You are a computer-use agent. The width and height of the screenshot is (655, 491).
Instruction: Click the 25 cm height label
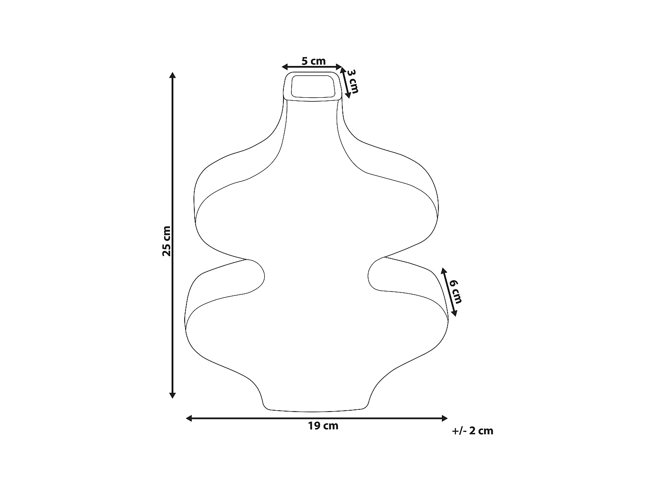[x=166, y=241]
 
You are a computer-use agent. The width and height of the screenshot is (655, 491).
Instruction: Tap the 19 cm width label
[x=323, y=426]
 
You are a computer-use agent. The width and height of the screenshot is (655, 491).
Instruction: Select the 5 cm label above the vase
[x=314, y=61]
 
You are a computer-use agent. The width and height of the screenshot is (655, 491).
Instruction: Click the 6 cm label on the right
[x=456, y=291]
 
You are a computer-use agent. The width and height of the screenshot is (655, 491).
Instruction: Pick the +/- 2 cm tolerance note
[x=473, y=431]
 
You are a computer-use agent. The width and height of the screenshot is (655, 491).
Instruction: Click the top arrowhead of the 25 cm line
[x=172, y=75]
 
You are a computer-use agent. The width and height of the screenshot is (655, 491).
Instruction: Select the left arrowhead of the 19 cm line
[x=189, y=419]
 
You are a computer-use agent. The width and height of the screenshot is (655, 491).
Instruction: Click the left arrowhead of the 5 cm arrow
[x=285, y=67]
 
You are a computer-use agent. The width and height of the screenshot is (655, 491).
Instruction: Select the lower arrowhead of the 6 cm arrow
[x=454, y=313]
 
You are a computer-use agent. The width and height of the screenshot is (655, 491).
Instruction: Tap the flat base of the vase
[x=314, y=410]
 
